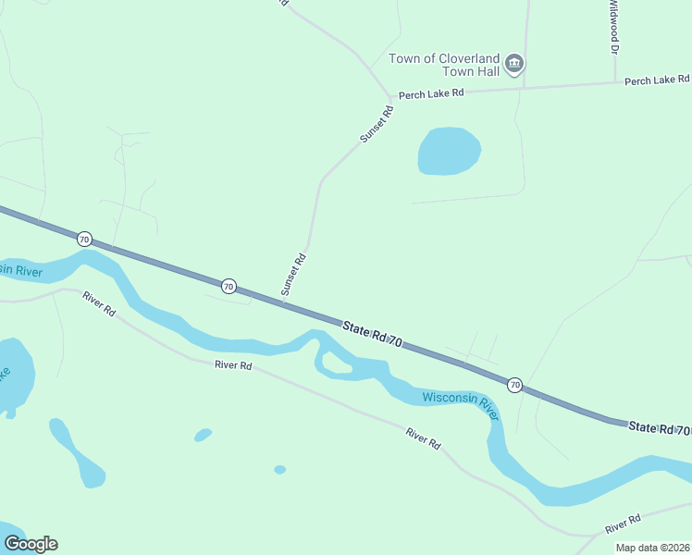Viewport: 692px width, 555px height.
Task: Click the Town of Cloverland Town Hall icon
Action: [x=515, y=65]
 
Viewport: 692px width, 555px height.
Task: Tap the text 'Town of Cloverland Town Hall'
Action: [x=444, y=65]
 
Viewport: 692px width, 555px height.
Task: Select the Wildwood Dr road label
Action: [x=612, y=26]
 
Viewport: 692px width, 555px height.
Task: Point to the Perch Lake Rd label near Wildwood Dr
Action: [x=657, y=81]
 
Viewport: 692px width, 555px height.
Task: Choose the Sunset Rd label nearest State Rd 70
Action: [x=294, y=275]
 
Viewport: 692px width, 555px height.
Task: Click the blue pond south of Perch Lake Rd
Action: [x=449, y=151]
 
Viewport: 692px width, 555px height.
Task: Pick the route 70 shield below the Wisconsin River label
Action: [x=514, y=384]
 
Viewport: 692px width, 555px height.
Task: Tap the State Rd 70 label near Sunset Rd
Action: [x=372, y=334]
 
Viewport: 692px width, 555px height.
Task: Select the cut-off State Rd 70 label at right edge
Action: [x=660, y=428]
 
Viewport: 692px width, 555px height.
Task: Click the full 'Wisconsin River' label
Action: [x=461, y=405]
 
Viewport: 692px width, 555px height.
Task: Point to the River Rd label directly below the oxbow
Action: [x=233, y=365]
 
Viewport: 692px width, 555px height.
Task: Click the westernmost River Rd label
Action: [x=98, y=304]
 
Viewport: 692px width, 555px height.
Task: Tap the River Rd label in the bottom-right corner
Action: [x=623, y=524]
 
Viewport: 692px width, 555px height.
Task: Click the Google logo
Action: [x=31, y=544]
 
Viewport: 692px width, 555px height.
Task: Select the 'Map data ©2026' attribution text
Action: [x=651, y=548]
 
